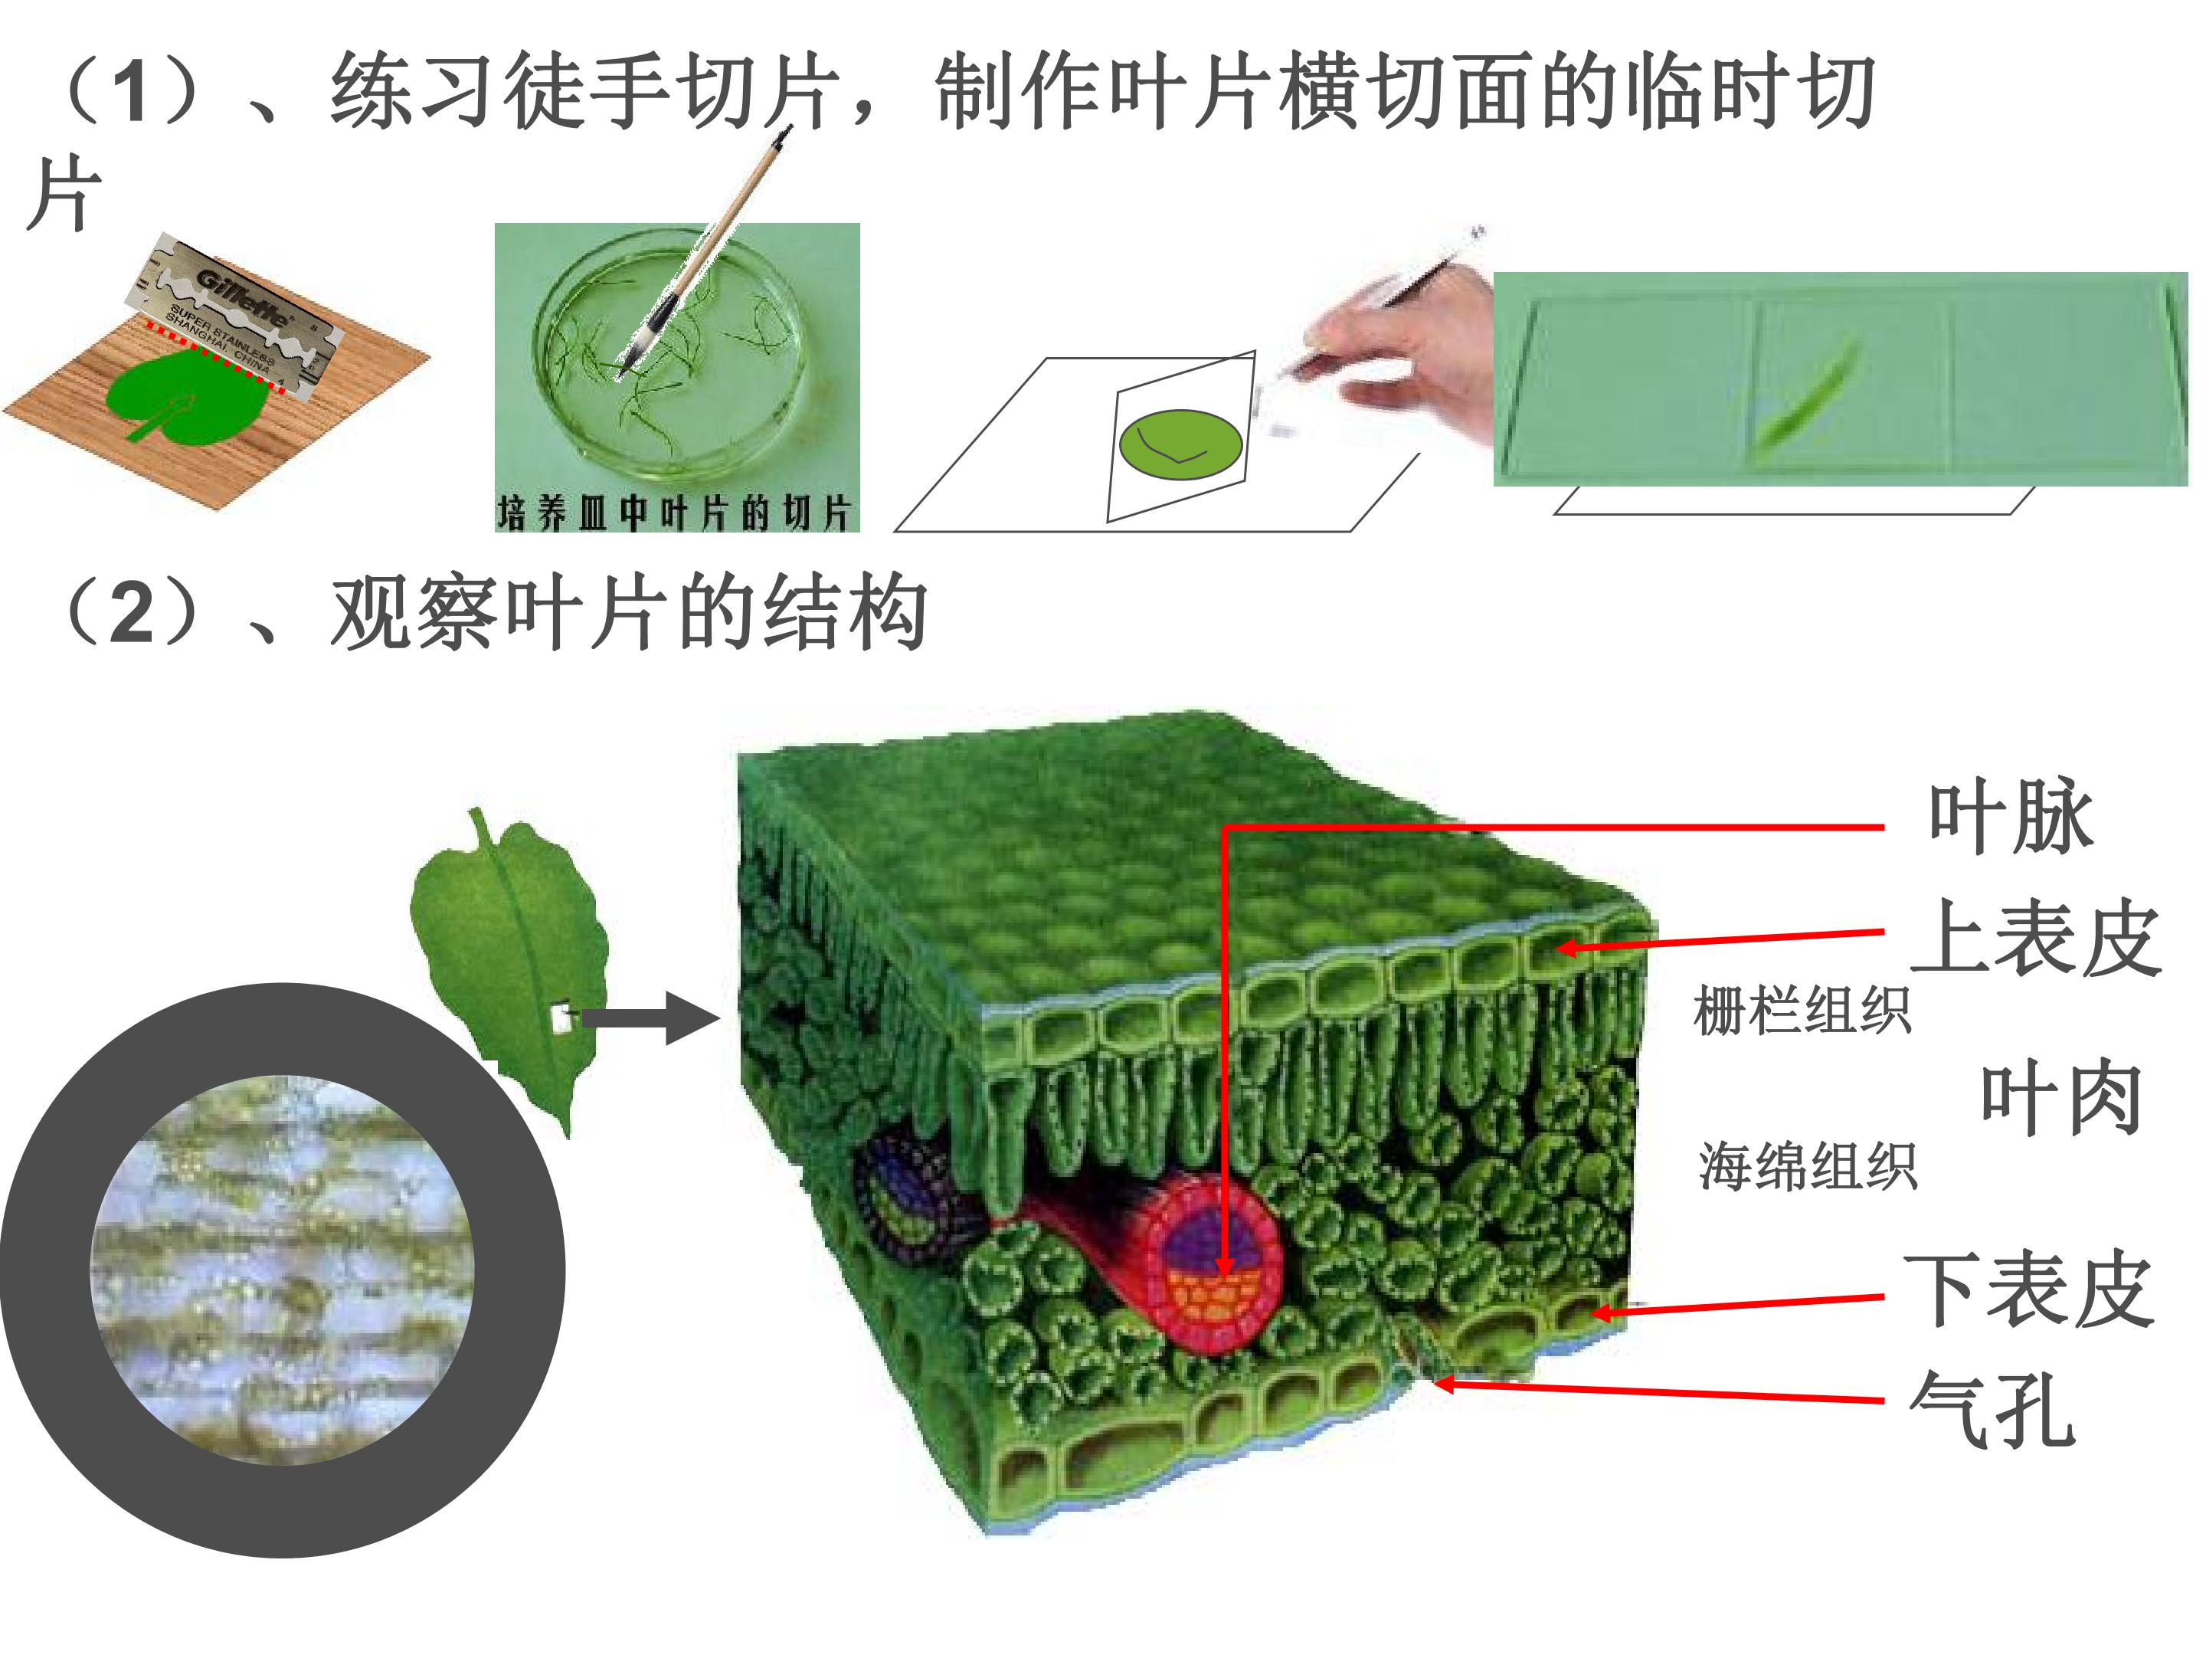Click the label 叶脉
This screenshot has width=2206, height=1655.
[x=2010, y=818]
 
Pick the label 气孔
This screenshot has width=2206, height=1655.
[x=1992, y=1408]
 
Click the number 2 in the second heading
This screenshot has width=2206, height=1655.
[x=132, y=614]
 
